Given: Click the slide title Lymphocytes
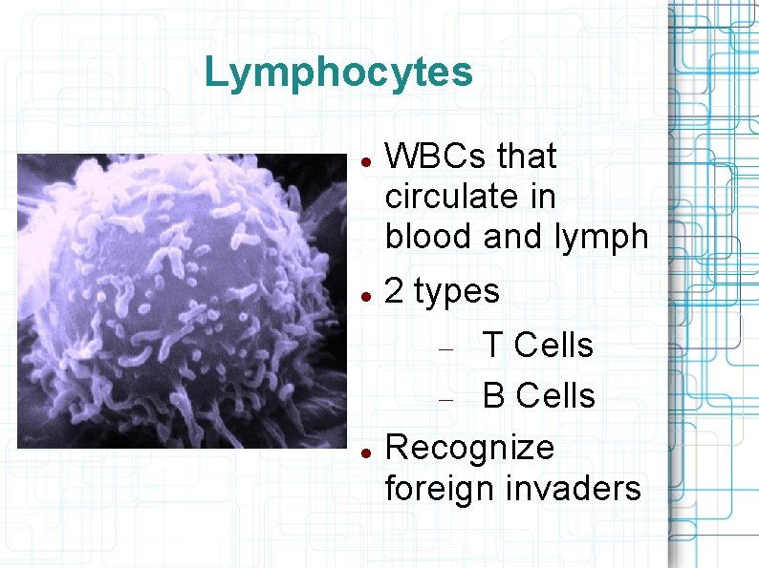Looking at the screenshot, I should pos(338,73).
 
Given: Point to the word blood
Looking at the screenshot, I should pos(430,237).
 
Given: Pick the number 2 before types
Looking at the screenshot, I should pos(394,292).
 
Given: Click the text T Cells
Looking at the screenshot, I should pos(538,346).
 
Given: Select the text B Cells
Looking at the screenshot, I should pos(538,395).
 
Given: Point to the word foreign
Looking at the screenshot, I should pos(439,488).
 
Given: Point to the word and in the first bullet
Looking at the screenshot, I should pos(517,237).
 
